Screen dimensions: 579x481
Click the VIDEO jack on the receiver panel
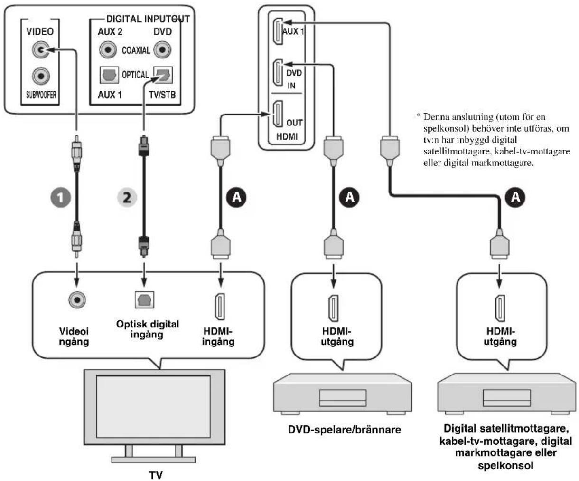pos(41,50)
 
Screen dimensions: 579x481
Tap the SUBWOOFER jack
pos(41,76)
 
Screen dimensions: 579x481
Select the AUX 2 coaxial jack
pos(108,50)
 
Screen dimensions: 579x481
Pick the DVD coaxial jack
pos(162,50)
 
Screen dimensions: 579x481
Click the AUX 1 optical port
pos(109,75)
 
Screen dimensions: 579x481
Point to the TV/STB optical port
pos(163,75)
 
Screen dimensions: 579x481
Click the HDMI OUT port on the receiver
pos(278,114)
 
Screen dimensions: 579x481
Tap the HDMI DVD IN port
pos(278,73)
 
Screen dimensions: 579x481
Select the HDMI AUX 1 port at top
pos(278,31)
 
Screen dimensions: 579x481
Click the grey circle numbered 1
pos(60,197)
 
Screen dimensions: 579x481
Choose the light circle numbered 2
pos(127,197)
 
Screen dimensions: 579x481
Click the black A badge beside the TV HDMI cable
pos(236,197)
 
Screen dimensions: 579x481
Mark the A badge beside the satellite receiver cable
pos(515,197)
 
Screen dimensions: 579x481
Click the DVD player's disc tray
pos(343,398)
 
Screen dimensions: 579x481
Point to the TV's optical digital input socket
pos(144,299)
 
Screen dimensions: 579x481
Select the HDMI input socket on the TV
pos(220,307)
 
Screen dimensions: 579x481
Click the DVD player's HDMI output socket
pos(333,308)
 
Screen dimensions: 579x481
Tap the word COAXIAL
pos(136,50)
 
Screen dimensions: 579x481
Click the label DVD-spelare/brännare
pos(345,430)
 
